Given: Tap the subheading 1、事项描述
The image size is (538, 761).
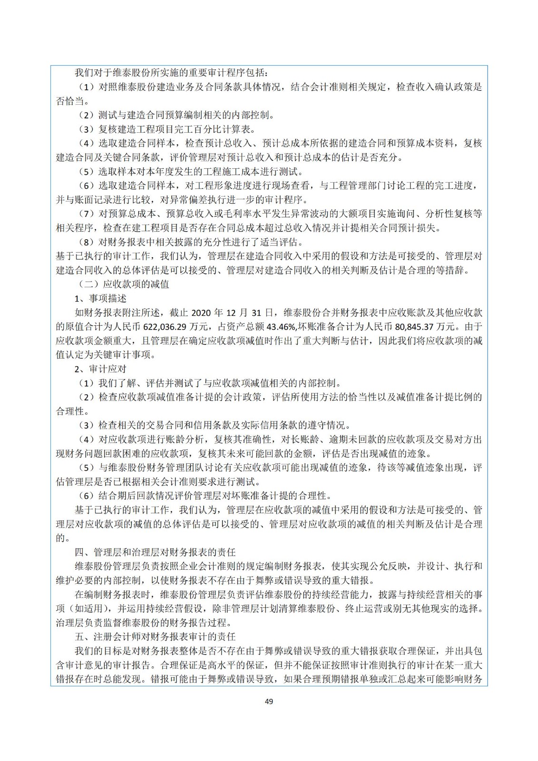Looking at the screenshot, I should click(101, 298).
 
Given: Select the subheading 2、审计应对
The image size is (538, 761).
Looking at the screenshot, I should click(101, 369).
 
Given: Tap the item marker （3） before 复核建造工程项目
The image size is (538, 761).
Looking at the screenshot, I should click(87, 129).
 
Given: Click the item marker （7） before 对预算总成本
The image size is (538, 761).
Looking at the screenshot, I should click(87, 214).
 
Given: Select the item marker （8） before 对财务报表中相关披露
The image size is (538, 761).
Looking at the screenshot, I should click(87, 242).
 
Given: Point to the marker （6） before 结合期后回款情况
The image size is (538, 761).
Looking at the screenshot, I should click(87, 496).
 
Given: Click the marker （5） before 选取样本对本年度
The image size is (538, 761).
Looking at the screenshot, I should click(87, 172).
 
